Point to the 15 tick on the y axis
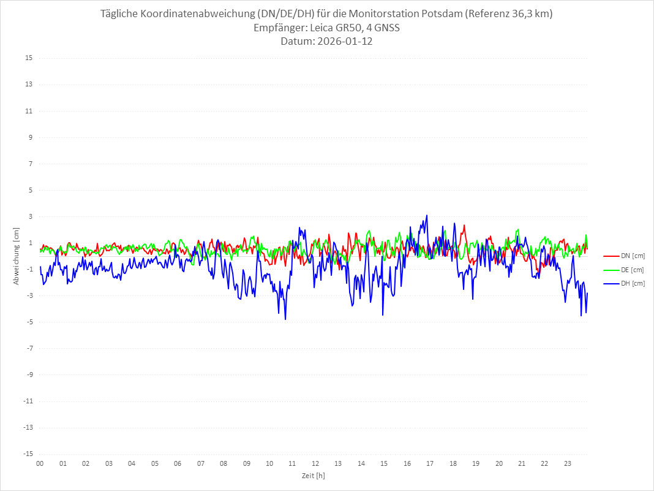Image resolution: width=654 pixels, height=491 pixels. (29, 58)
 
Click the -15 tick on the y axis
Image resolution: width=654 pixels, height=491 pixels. (28, 454)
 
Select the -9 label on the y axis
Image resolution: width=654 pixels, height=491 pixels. (29, 375)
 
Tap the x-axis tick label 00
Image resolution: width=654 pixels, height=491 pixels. (40, 464)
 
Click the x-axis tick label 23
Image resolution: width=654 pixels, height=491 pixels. (568, 464)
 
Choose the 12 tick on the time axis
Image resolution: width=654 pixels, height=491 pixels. (315, 464)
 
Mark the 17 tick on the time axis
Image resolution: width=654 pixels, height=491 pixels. (430, 464)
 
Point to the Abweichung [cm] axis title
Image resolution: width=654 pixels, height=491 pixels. (17, 256)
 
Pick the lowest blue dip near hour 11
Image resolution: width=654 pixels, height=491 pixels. (285, 319)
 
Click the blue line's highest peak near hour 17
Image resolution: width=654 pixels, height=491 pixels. (427, 215)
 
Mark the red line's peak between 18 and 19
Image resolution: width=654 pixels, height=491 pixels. (464, 225)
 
